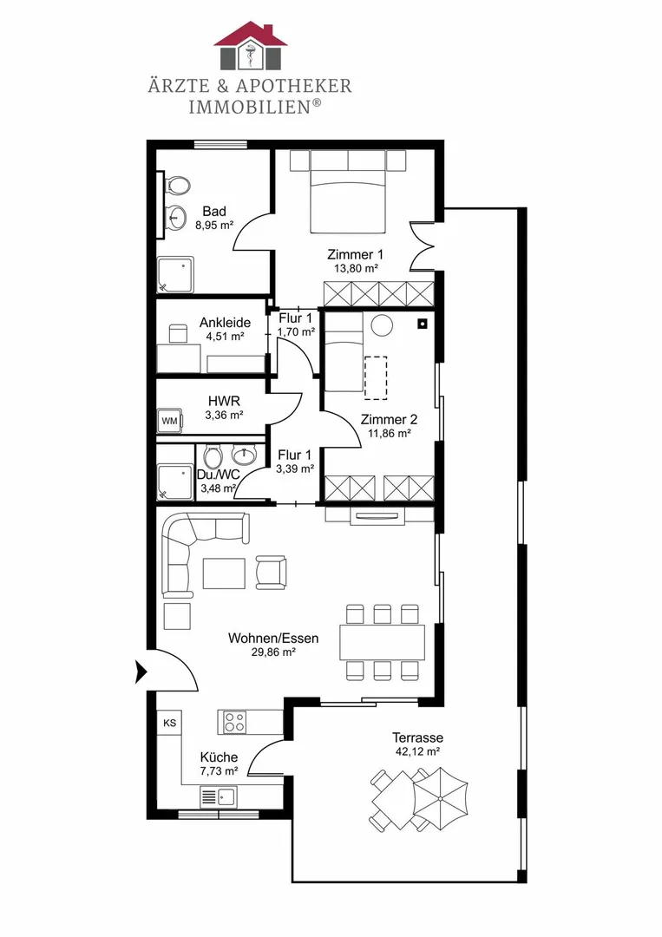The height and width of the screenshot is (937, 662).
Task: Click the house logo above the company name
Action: (x=251, y=46)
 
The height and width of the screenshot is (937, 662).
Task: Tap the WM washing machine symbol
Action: (x=170, y=421)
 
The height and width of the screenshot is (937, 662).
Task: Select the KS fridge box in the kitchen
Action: (x=169, y=723)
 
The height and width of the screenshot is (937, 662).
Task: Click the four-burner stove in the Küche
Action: (x=235, y=722)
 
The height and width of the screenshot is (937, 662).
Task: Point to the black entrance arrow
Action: (x=141, y=672)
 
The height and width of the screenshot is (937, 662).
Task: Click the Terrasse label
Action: (x=417, y=737)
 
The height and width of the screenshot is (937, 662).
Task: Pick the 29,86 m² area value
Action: (x=273, y=652)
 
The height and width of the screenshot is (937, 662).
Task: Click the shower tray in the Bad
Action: (x=175, y=275)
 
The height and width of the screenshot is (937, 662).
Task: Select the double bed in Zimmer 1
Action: (x=347, y=192)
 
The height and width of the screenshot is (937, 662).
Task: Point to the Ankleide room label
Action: (x=226, y=323)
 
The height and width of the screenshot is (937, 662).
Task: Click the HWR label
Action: (x=224, y=402)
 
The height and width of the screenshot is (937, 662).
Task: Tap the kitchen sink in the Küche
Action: (x=219, y=796)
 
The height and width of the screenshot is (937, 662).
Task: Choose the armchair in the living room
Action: (x=272, y=572)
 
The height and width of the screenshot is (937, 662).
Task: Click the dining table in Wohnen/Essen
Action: (x=383, y=642)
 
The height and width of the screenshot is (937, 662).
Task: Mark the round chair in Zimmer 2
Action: (x=382, y=325)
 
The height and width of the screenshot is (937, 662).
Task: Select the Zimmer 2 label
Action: (x=389, y=420)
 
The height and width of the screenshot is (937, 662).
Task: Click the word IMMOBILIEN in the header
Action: (x=251, y=107)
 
